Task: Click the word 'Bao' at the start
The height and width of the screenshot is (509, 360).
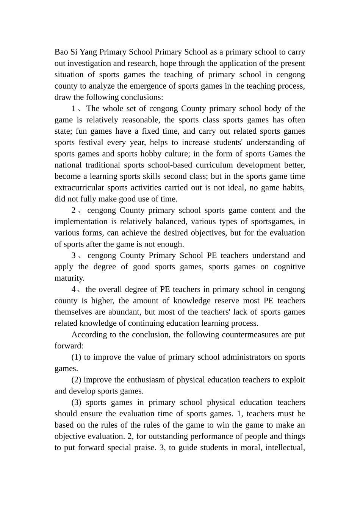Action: [x=61, y=52]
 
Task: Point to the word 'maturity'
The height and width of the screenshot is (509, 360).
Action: [x=69, y=278]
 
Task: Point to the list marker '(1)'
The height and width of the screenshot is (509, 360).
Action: [x=76, y=357]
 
